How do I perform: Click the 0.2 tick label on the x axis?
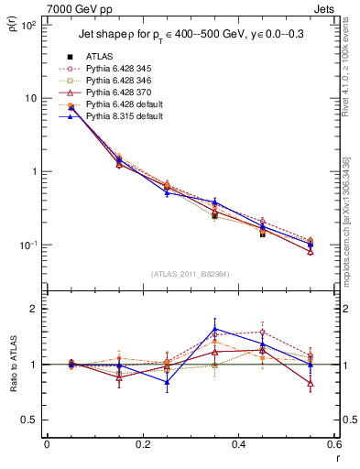point(142,445)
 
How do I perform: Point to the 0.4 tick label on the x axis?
point(238,445)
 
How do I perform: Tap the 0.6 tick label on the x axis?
point(333,445)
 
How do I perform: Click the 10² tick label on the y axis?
point(27,26)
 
